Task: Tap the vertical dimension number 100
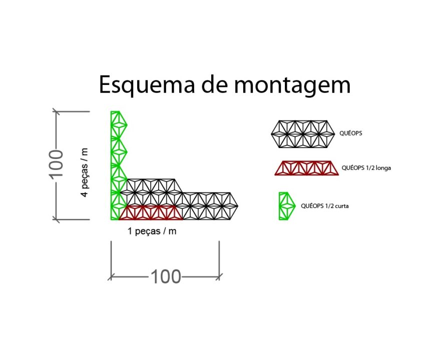(x=56, y=163)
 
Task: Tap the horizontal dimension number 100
(x=166, y=276)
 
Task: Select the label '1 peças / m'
(x=152, y=231)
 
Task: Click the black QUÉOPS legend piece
(x=302, y=134)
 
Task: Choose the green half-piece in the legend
(x=286, y=206)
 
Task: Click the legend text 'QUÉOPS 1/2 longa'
(x=366, y=168)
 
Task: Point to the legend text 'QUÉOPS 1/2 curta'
(x=324, y=205)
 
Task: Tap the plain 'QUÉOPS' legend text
(x=350, y=133)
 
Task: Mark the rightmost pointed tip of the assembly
(x=237, y=205)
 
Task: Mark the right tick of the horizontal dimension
(x=219, y=275)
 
